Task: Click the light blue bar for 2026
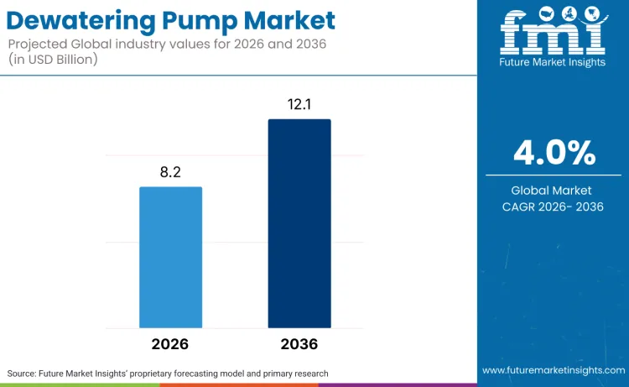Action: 170,257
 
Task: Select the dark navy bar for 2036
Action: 299,223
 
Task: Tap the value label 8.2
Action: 170,172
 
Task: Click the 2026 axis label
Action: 170,344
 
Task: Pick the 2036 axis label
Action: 299,344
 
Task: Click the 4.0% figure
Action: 554,153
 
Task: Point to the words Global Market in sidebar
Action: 554,191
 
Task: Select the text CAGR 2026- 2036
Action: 554,207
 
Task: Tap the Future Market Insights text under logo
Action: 553,64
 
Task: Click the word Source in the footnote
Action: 25,373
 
